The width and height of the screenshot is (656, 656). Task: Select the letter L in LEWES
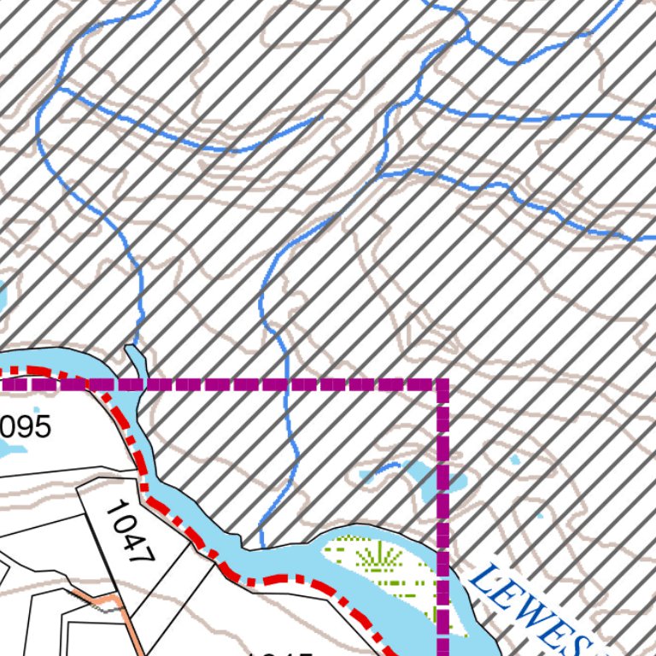pyautogui.click(x=482, y=581)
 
